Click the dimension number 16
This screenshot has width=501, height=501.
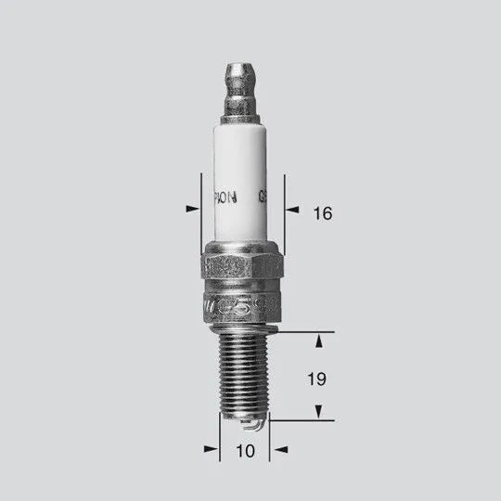322,213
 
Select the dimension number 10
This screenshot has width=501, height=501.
244,451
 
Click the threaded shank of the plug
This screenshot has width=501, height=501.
243,376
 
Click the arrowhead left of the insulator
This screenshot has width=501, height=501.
193,209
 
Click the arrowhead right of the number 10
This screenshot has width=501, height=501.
277,450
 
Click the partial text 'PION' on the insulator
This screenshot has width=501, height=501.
225,197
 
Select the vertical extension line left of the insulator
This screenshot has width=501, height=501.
201,213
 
